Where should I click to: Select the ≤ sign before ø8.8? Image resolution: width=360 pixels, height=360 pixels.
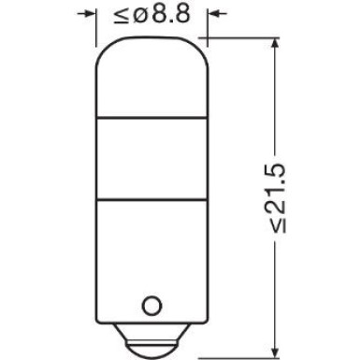(x=120, y=15)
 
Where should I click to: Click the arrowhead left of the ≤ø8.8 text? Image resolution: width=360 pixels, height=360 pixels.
(x=91, y=14)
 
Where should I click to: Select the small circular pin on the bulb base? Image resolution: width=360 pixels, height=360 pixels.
(x=151, y=305)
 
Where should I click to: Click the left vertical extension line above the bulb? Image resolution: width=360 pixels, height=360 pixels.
(x=99, y=28)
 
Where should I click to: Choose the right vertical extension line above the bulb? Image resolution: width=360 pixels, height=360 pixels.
(x=205, y=28)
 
